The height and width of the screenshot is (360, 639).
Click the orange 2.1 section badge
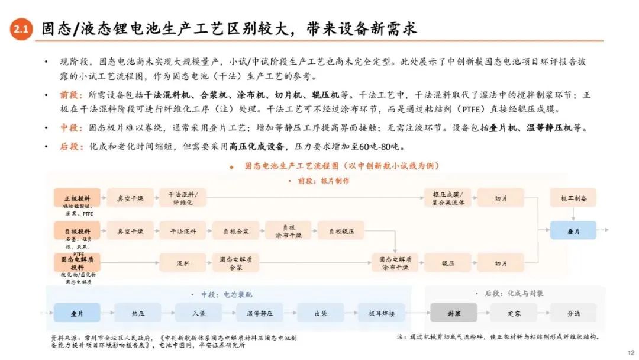click(21, 31)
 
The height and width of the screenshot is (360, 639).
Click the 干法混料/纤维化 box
click(182, 198)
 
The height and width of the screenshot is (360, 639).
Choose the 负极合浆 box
click(235, 231)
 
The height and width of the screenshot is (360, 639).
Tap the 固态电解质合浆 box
click(235, 262)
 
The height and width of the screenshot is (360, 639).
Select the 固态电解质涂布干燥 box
click(395, 262)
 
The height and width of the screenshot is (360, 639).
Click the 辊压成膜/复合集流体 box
click(447, 198)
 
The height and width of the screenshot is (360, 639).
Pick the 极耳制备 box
click(573, 198)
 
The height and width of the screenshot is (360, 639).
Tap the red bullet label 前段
click(69, 95)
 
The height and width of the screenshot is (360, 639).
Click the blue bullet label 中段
click(69, 128)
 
